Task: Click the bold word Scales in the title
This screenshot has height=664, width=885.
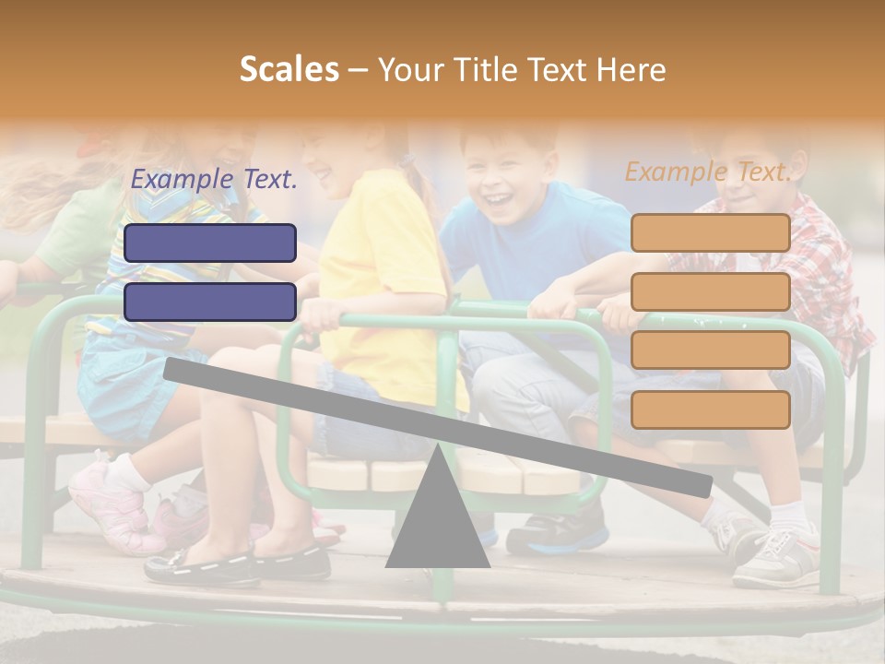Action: (289, 69)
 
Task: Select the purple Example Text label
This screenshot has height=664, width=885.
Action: (214, 180)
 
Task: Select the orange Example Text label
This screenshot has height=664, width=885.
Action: (708, 172)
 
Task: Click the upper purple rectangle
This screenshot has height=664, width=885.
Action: (210, 243)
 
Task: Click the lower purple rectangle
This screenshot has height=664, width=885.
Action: (210, 302)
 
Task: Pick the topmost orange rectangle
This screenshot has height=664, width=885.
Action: (710, 232)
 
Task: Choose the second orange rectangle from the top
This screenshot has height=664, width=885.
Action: (710, 291)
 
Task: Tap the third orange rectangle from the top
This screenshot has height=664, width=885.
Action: (710, 350)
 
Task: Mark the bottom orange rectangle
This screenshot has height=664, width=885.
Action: (710, 409)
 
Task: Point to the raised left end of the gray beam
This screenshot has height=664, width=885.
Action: (175, 368)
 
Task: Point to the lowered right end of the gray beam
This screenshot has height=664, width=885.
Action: (701, 485)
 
